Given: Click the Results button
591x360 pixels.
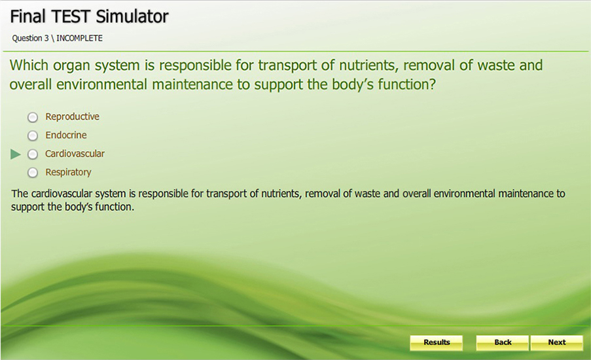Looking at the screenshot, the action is [437, 343].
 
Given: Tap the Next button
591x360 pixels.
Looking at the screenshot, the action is [557, 343].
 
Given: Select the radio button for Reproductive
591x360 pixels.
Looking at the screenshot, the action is [33, 117].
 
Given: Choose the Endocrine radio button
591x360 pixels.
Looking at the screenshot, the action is [33, 135].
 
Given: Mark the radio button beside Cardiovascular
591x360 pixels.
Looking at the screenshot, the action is [33, 154].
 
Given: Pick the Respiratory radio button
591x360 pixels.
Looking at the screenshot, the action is [33, 173].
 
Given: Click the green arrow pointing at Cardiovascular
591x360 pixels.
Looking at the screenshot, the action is [16, 154].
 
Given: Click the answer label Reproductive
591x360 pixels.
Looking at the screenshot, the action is [73, 117].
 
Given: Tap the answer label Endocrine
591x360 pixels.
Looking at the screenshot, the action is [66, 135].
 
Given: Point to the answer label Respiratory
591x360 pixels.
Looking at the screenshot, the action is [68, 172].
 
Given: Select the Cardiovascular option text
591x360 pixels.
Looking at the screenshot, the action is [75, 153].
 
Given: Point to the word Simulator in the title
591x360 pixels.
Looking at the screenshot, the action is [132, 16].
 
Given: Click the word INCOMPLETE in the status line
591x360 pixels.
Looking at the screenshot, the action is [80, 38].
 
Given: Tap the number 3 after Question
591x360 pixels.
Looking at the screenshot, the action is [46, 38].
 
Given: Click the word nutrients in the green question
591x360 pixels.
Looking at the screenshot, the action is [368, 65].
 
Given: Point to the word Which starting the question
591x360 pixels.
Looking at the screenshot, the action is [29, 65].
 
